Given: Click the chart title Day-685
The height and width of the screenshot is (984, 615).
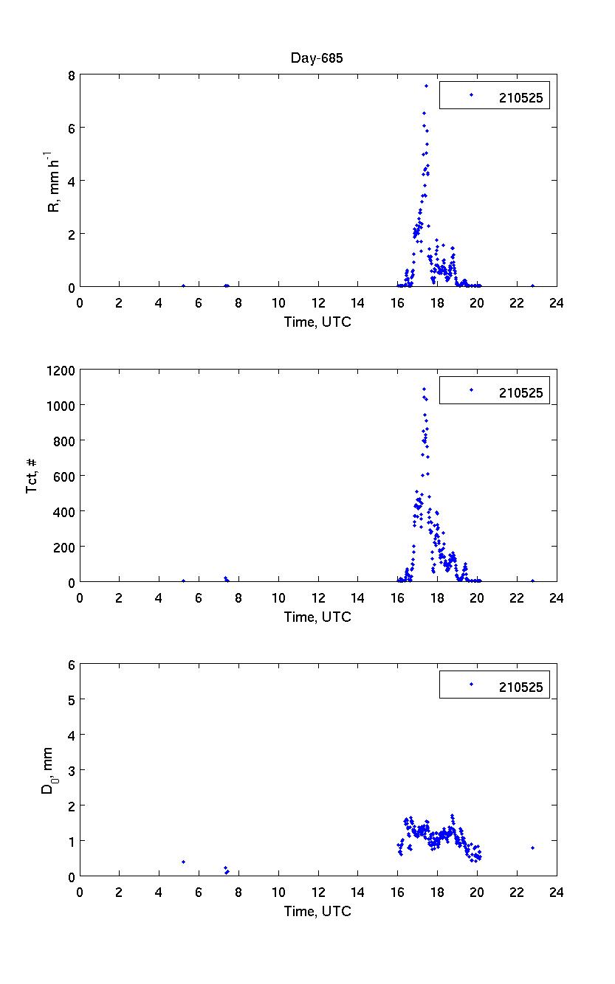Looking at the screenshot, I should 317,58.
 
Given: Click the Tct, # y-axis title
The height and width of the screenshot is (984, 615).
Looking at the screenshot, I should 32,476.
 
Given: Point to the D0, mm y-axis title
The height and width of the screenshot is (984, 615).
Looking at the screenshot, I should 46,770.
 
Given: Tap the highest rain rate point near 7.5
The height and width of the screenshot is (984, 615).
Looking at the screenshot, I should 426,86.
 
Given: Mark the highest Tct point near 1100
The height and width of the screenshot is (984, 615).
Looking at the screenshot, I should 424,389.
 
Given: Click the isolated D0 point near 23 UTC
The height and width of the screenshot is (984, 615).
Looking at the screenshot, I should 532,848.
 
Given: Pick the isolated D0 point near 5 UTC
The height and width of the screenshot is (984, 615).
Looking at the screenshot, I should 183,862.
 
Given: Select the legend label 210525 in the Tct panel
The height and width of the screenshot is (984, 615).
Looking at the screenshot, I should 520,392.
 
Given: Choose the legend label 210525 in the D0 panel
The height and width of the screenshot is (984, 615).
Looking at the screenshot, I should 520,687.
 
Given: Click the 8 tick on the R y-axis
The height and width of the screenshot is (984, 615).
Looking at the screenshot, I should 71,75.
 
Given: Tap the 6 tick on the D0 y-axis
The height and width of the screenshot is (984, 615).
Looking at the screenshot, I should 71,665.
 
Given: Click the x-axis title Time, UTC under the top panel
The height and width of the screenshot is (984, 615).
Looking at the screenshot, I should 317,322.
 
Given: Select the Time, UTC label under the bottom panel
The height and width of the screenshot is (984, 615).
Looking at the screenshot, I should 317,911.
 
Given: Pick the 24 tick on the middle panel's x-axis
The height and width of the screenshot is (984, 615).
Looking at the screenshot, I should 556,597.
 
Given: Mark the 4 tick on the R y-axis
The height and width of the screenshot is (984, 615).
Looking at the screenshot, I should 71,181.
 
